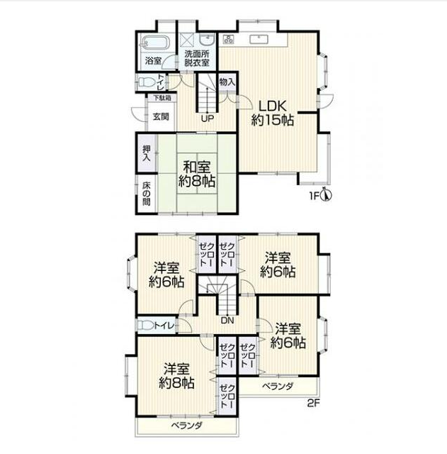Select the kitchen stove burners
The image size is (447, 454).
(x=228, y=39)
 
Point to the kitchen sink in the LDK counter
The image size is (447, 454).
(x=259, y=39)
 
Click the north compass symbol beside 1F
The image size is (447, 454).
(x=326, y=195)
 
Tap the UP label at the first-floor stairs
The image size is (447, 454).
(x=208, y=118)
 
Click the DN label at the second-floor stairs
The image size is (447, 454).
(x=227, y=321)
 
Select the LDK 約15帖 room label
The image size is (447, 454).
(x=272, y=113)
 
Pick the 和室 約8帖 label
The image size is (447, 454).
(x=197, y=175)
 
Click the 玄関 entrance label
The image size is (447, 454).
(x=161, y=116)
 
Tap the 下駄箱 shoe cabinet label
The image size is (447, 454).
(x=162, y=98)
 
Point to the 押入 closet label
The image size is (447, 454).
(x=147, y=153)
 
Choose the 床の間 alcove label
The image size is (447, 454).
(x=147, y=194)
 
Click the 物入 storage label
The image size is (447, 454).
(x=227, y=82)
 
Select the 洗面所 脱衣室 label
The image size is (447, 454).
(x=197, y=58)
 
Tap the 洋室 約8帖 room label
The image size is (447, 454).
(x=176, y=376)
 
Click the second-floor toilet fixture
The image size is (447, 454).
(x=146, y=326)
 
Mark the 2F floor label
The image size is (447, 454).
(x=313, y=403)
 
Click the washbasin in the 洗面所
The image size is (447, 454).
(x=207, y=40)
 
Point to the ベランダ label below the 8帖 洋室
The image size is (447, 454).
(x=186, y=426)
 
